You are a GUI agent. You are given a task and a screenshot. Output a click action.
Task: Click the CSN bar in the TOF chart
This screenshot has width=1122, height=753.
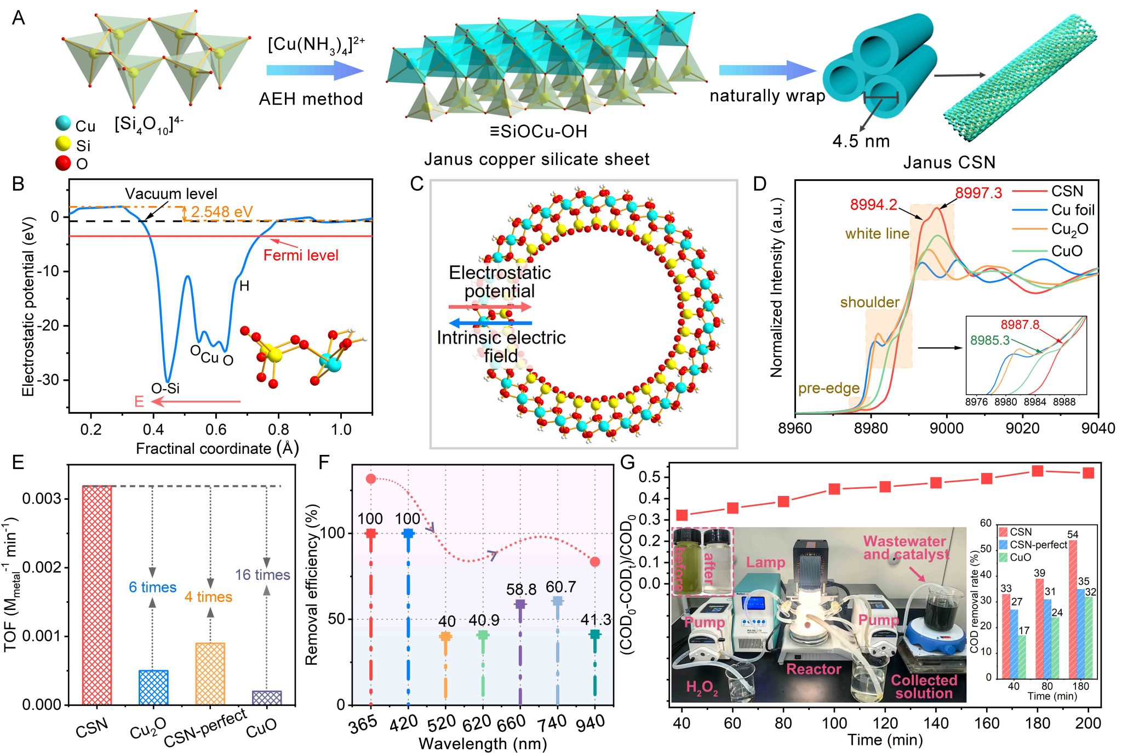click(97, 595)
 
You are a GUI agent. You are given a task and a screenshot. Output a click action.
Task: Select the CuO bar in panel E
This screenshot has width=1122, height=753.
click(267, 698)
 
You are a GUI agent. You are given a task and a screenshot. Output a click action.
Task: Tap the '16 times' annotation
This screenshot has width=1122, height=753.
click(262, 574)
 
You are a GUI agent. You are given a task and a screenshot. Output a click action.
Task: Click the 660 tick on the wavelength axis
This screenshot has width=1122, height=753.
click(511, 723)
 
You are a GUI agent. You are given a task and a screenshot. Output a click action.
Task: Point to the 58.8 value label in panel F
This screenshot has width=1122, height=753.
click(521, 589)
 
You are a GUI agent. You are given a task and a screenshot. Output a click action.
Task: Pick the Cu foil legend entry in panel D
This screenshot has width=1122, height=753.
click(1072, 210)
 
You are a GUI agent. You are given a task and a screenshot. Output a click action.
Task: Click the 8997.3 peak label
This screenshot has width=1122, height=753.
click(978, 193)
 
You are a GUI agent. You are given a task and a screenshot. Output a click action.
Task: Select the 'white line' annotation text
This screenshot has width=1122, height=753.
click(877, 234)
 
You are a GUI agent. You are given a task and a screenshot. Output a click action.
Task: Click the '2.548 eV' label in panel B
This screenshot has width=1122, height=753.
click(222, 212)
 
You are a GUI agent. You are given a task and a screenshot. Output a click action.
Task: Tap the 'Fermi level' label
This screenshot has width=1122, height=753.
click(301, 255)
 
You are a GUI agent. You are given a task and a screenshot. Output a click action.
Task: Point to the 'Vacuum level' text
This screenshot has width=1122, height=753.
click(171, 193)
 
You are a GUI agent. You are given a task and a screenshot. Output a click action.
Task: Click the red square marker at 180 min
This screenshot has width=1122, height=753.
click(1037, 471)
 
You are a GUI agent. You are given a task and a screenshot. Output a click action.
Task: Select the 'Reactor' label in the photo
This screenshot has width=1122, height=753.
click(814, 669)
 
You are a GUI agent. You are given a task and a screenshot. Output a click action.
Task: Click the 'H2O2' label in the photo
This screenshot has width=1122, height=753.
click(702, 687)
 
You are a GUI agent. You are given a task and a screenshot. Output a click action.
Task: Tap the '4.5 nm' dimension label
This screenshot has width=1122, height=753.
click(861, 141)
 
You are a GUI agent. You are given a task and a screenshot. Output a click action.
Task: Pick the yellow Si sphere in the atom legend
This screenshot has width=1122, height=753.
click(64, 144)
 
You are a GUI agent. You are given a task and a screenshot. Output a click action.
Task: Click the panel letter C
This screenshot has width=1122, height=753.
click(417, 184)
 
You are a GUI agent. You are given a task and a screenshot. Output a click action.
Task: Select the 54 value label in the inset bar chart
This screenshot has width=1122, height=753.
click(1072, 534)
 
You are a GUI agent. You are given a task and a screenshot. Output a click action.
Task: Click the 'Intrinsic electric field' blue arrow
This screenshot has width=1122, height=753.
click(490, 323)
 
